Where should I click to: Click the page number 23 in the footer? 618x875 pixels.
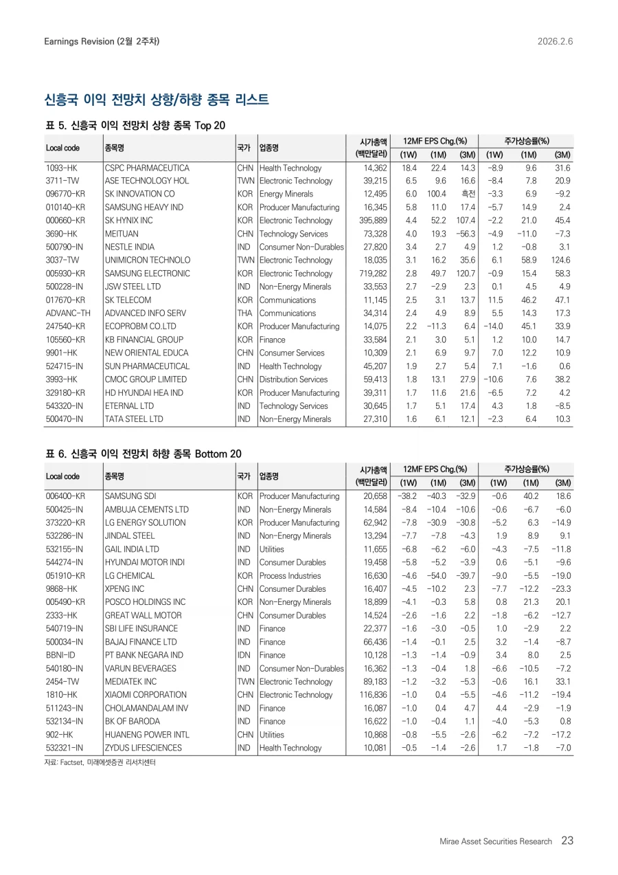tap(567, 841)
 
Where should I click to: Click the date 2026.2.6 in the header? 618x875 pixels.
tap(555, 41)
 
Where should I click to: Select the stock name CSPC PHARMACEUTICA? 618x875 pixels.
tap(146, 168)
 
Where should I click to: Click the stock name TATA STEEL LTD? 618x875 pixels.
tap(134, 419)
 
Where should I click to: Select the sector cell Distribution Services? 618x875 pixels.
tap(293, 379)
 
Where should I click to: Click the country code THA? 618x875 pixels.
tap(244, 313)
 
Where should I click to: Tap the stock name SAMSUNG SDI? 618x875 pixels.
tap(130, 496)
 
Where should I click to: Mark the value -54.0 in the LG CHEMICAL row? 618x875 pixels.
tap(437, 575)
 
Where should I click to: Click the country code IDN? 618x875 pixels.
tap(244, 655)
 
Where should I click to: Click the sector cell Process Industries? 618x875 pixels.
tap(290, 575)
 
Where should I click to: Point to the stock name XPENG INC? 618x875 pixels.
tap(124, 589)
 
